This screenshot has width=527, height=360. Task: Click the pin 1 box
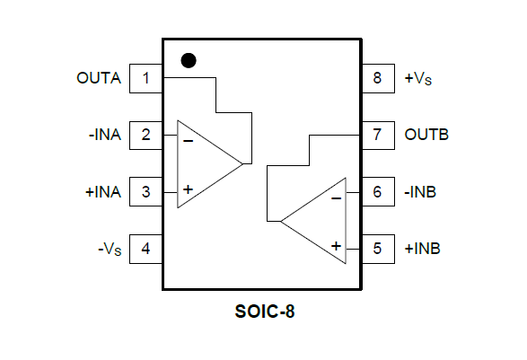click(145, 78)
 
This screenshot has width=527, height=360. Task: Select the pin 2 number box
click(145, 136)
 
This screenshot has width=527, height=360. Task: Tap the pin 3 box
click(145, 191)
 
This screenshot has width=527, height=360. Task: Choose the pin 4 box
click(145, 249)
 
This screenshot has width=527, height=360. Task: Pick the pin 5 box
click(378, 249)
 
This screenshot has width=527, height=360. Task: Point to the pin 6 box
click(378, 191)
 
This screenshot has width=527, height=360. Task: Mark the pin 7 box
click(378, 136)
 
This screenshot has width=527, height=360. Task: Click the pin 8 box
click(378, 78)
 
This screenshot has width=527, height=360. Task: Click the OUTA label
click(99, 78)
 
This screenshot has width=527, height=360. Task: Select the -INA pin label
click(104, 135)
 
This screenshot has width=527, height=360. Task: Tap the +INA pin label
click(103, 192)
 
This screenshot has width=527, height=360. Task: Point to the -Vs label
click(110, 249)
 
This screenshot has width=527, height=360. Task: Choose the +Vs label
click(418, 78)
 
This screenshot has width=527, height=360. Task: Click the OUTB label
click(426, 135)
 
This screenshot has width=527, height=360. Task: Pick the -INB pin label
click(420, 192)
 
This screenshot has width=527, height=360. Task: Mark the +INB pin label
click(423, 249)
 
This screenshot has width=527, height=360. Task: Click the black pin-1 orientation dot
click(189, 60)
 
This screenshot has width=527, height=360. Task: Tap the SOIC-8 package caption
click(265, 312)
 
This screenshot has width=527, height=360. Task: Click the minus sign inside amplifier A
click(189, 141)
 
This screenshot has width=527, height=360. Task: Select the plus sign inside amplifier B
click(336, 246)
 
